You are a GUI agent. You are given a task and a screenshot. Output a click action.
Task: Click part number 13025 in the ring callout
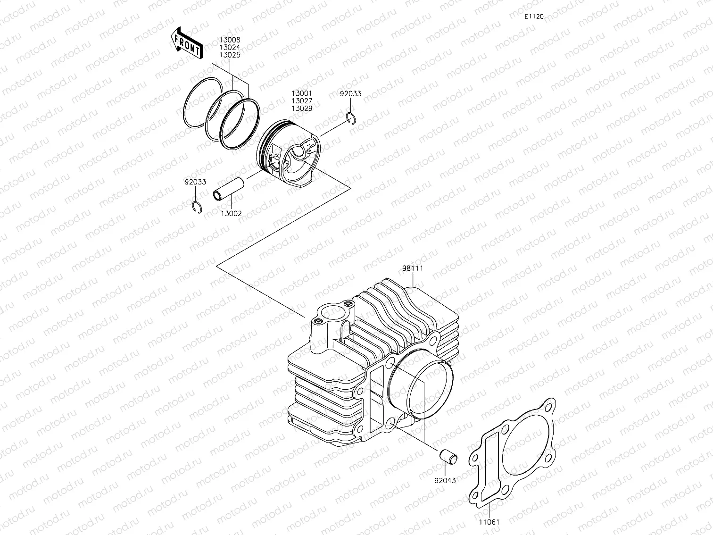(229, 55)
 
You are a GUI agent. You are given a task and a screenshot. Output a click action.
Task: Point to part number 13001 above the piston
(301, 94)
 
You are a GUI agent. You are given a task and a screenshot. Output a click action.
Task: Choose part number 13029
(301, 108)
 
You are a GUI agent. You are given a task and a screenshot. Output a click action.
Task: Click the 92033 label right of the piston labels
(350, 94)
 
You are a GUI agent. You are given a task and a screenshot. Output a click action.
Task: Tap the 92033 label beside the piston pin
(195, 182)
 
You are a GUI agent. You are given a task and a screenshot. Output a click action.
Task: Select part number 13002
(231, 213)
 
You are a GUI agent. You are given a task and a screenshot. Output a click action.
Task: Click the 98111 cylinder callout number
(413, 268)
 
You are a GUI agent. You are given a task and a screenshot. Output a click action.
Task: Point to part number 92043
(445, 481)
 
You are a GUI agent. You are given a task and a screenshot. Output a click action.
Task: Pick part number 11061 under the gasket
(489, 522)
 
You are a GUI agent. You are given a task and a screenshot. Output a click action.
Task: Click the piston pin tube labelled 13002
(229, 189)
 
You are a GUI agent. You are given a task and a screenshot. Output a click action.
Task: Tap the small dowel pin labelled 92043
(448, 457)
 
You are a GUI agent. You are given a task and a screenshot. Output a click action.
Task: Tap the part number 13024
(229, 48)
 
